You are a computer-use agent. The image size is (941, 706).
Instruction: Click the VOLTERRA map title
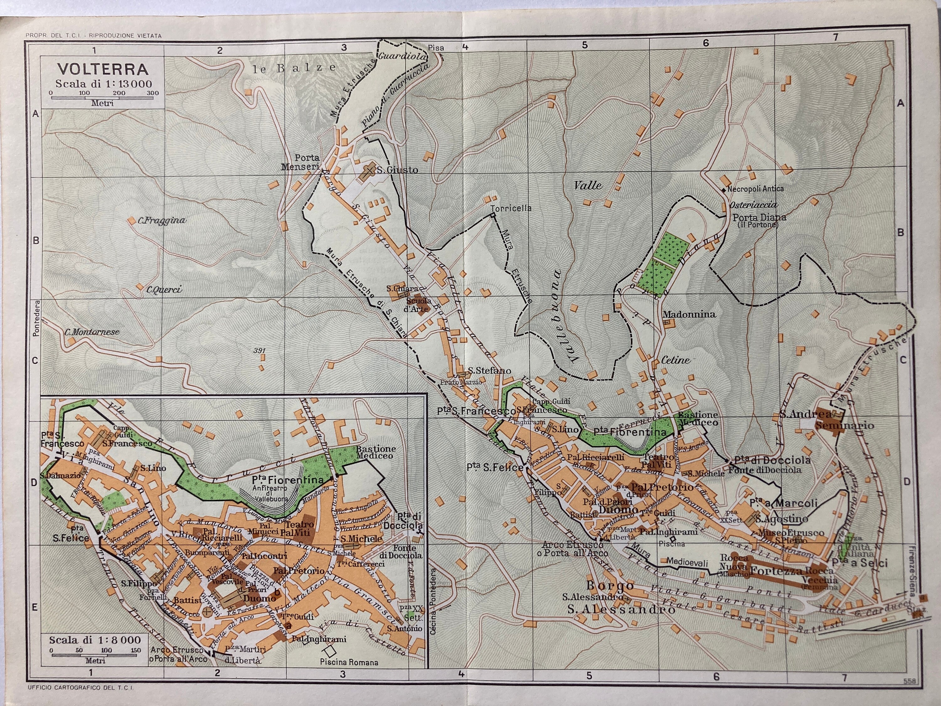point(103,69)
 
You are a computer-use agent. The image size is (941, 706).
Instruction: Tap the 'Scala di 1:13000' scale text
point(104,84)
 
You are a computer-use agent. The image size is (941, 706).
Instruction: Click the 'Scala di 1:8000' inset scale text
point(94,639)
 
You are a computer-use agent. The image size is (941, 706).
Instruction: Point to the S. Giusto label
point(397,170)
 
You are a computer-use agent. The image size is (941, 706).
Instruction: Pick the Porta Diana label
point(759,217)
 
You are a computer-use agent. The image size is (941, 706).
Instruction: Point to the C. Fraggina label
point(162,221)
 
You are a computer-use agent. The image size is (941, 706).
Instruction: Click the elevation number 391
point(259,351)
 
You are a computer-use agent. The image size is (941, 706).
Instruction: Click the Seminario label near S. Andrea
point(844,425)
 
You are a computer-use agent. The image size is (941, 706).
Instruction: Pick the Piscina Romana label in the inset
point(349,662)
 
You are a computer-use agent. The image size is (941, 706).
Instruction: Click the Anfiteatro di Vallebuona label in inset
point(270,494)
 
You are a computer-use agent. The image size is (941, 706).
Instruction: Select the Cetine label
point(675,360)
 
